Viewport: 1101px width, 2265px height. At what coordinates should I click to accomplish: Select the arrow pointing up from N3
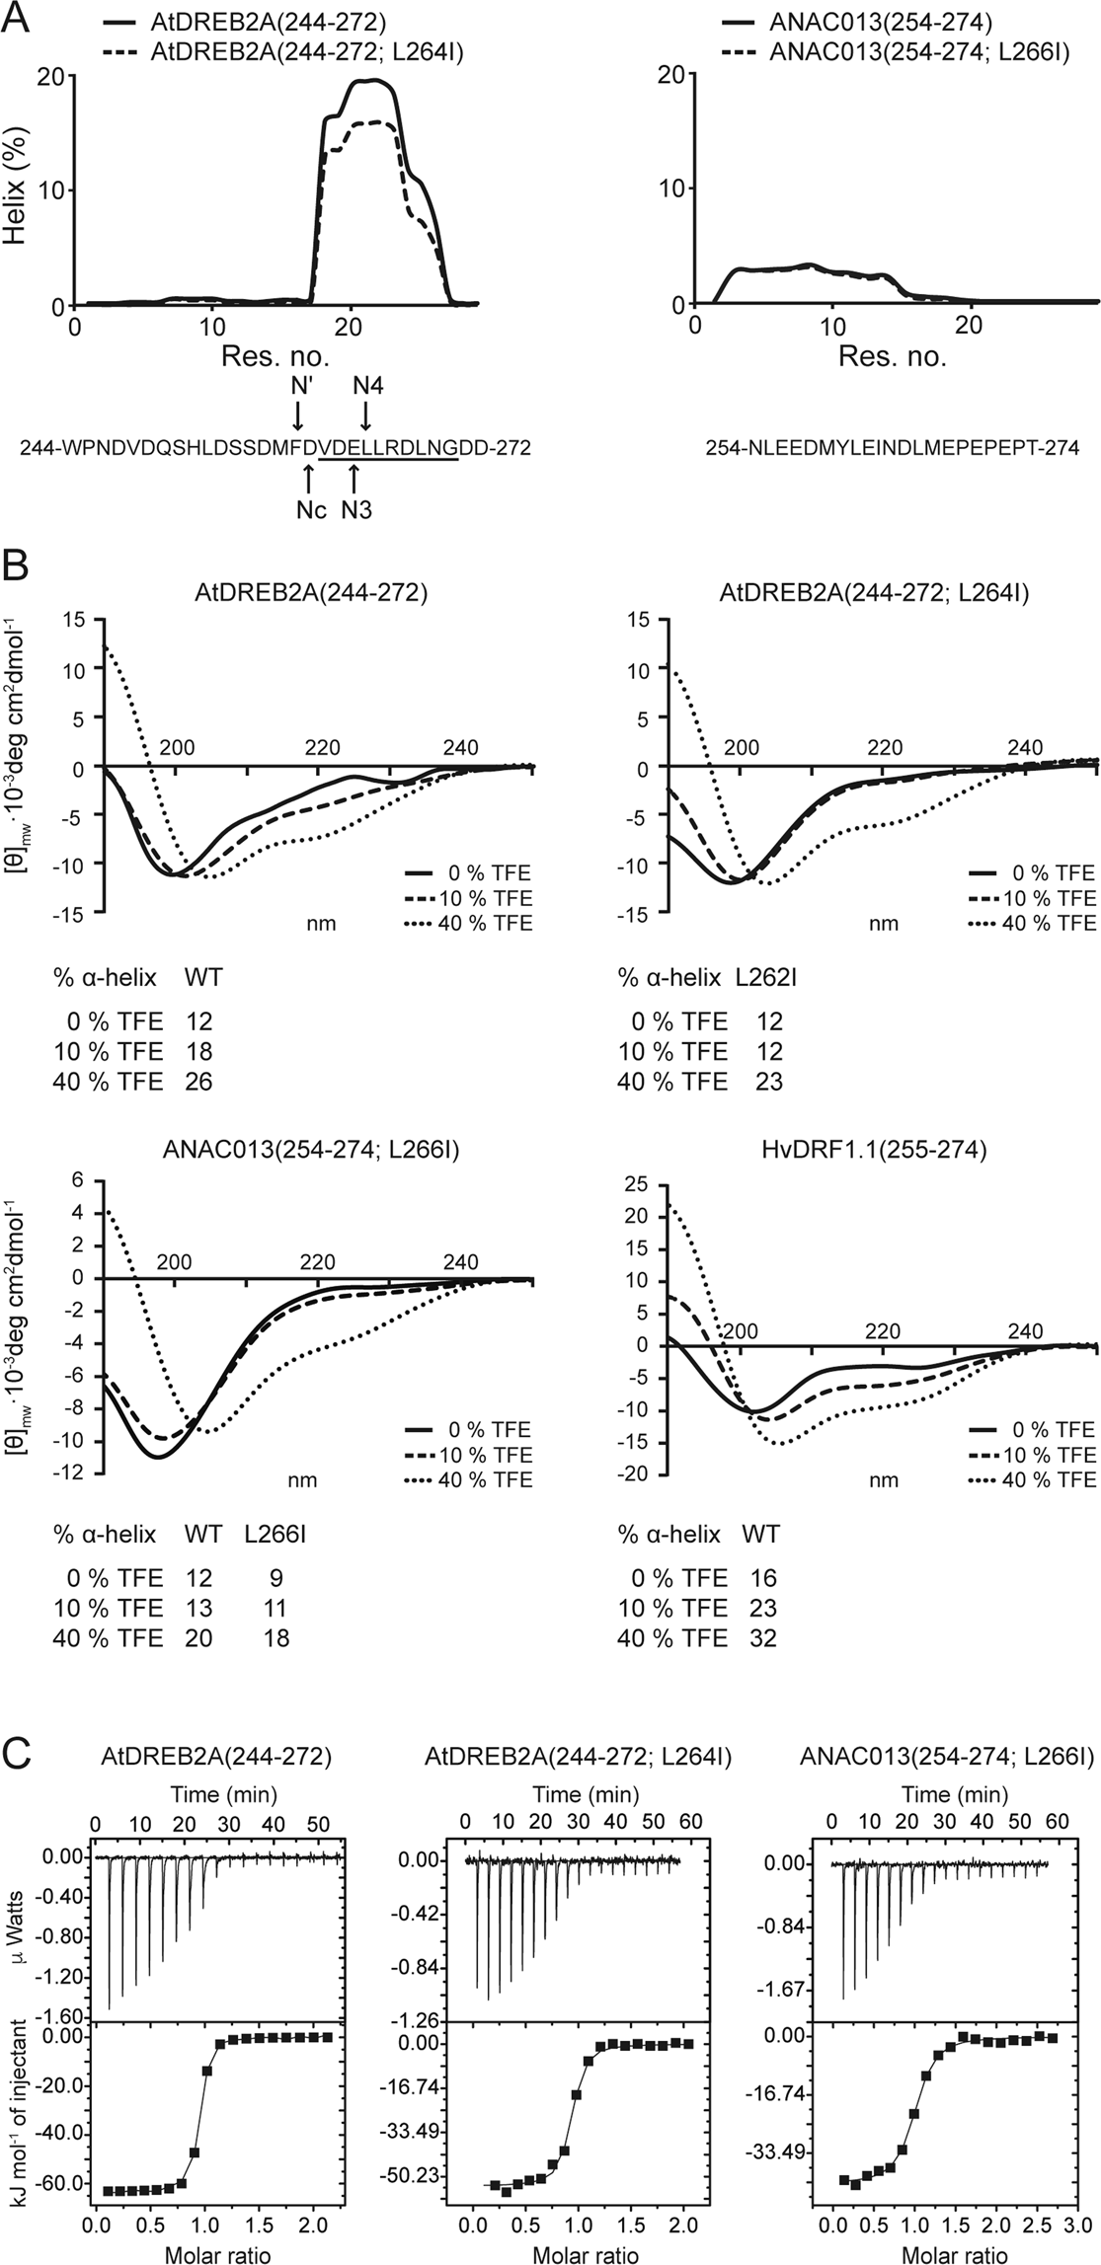pos(355,479)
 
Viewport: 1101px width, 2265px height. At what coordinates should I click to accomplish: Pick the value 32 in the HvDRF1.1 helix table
pos(763,1638)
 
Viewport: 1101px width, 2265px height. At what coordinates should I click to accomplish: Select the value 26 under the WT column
pos(199,1082)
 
